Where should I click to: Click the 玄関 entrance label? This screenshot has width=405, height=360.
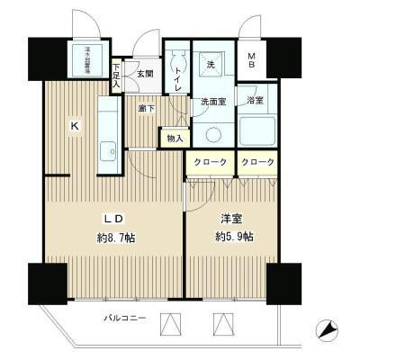pos(144,72)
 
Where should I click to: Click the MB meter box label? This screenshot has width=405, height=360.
pos(252,65)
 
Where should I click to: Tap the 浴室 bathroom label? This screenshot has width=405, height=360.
pos(256,101)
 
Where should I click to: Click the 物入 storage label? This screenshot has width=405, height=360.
pos(175,138)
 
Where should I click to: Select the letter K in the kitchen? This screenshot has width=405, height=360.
pos(76,126)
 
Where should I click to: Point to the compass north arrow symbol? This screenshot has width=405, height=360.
pos(328,330)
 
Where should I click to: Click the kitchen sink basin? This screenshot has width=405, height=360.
pos(107,149)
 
